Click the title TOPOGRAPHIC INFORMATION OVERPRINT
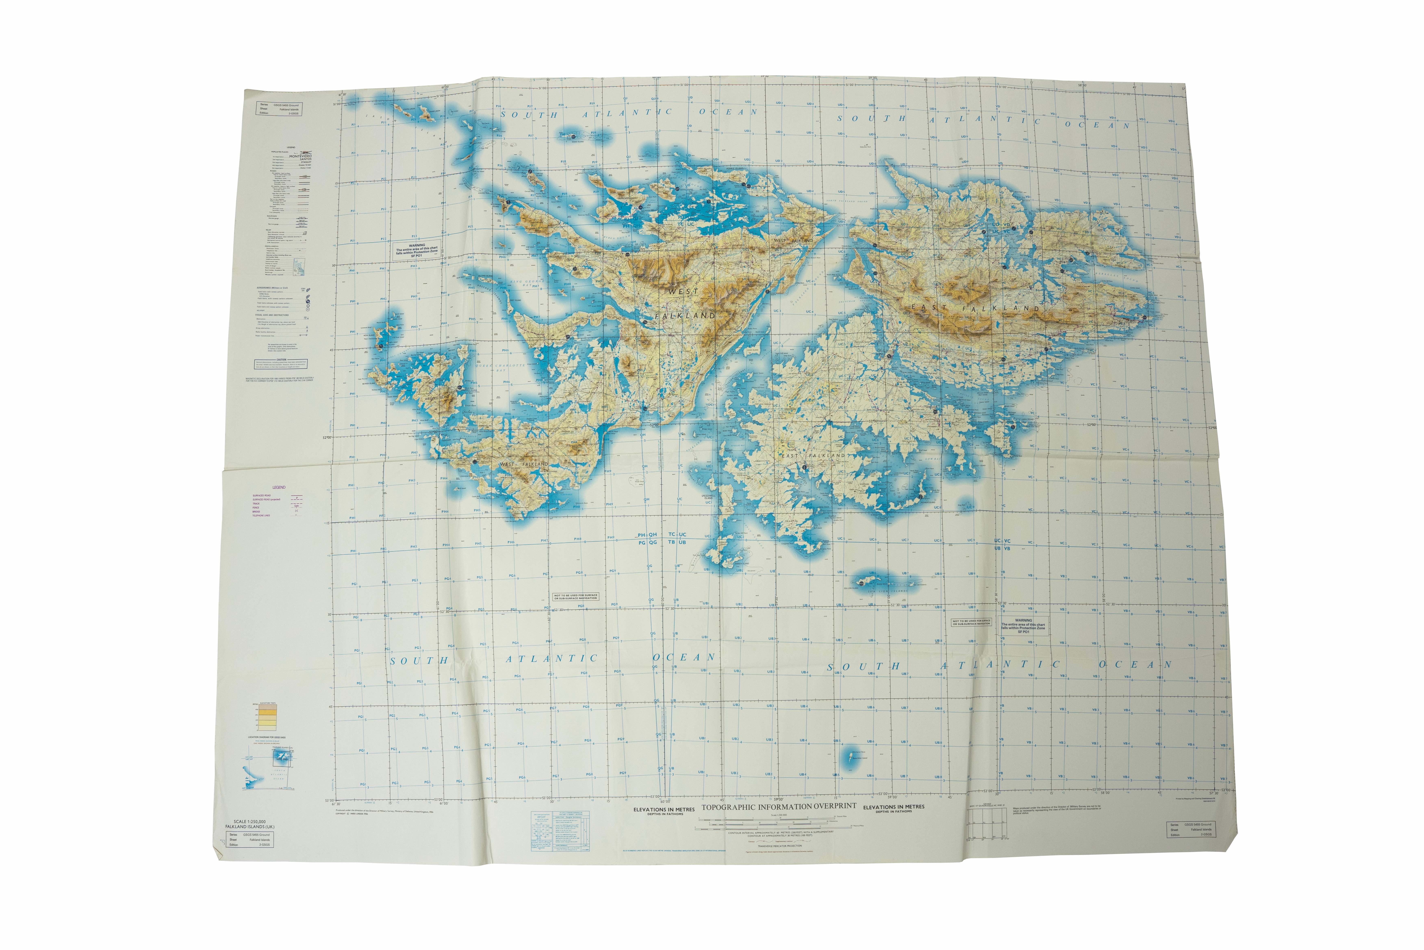coord(779,806)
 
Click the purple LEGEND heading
coord(279,487)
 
